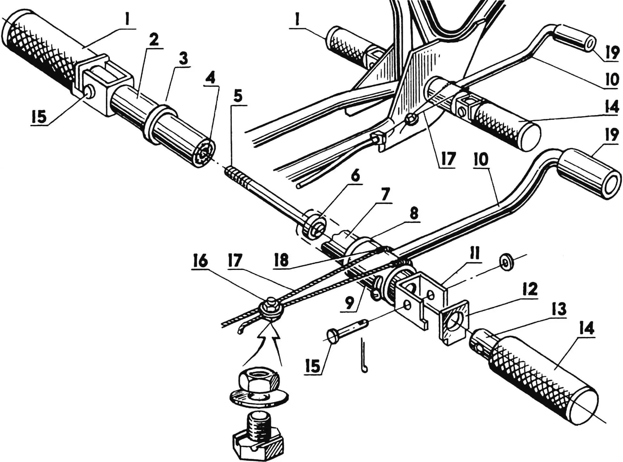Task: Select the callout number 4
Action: click(x=210, y=79)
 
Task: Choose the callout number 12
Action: click(x=529, y=290)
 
